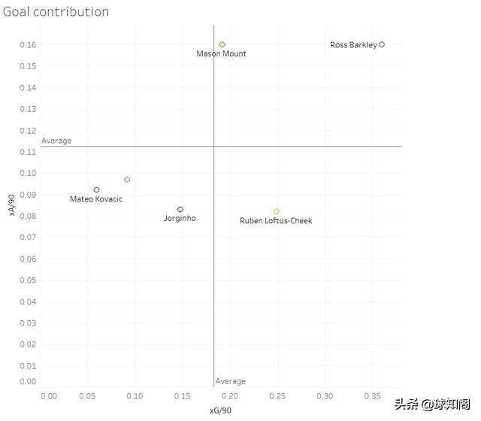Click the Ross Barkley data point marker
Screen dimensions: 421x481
click(382, 44)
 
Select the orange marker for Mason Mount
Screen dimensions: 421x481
click(222, 44)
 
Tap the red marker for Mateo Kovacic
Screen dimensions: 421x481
click(97, 190)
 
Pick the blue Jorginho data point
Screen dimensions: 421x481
click(180, 210)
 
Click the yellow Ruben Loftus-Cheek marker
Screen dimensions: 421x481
click(277, 212)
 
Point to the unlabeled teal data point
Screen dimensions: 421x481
click(127, 180)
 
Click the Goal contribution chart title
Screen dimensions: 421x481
click(56, 12)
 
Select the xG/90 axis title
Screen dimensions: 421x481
click(220, 410)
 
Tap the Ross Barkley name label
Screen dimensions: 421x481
click(353, 45)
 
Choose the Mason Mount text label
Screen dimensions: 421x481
click(221, 54)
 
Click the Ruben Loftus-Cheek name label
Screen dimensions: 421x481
click(276, 221)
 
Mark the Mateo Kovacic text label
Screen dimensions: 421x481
click(96, 199)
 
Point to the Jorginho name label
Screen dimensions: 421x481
click(180, 219)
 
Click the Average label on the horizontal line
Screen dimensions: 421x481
click(56, 141)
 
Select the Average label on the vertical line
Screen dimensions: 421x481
click(231, 381)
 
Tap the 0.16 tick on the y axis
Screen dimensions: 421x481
click(27, 45)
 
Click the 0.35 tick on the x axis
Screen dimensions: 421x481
click(372, 395)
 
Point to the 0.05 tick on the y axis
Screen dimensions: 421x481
click(27, 280)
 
